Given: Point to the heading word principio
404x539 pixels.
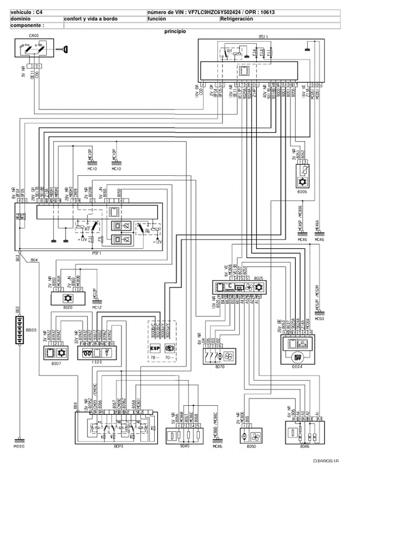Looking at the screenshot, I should click(x=175, y=31).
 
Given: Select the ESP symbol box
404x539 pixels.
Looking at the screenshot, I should click(x=155, y=348).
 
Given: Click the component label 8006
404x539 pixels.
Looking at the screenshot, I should click(x=301, y=193).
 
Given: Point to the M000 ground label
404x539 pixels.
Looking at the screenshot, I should click(x=19, y=446).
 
